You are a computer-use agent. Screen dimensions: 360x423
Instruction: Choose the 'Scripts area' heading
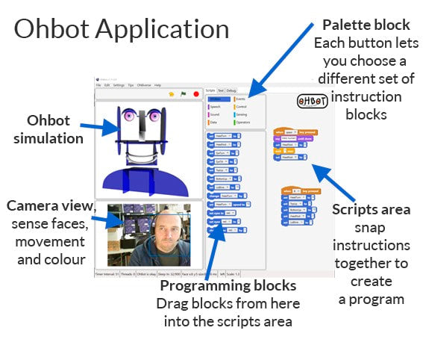pyautogui.click(x=371, y=210)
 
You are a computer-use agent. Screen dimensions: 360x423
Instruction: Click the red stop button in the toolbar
pyautogui.click(x=195, y=94)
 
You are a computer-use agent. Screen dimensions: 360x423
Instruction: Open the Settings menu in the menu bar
pyautogui.click(x=119, y=85)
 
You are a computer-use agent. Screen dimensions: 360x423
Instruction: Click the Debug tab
pyautogui.click(x=232, y=90)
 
